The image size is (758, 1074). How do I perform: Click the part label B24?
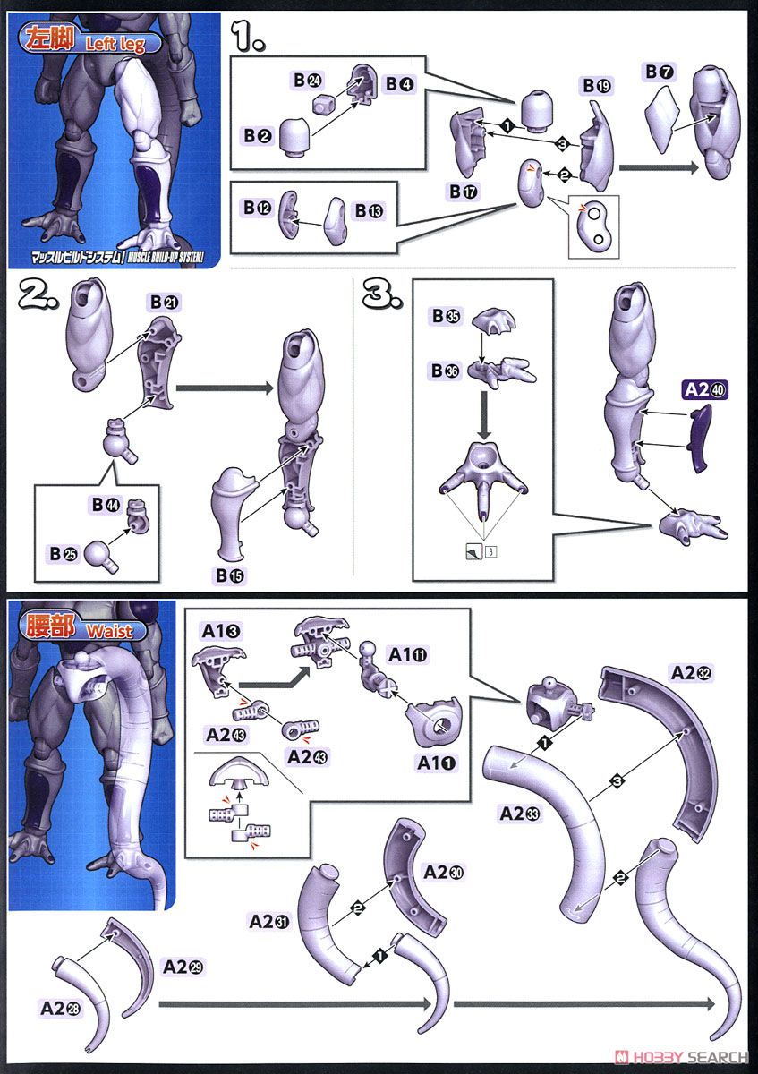tap(307, 81)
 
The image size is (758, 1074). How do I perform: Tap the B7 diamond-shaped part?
tap(664, 119)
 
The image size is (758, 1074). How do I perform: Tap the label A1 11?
tap(407, 655)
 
